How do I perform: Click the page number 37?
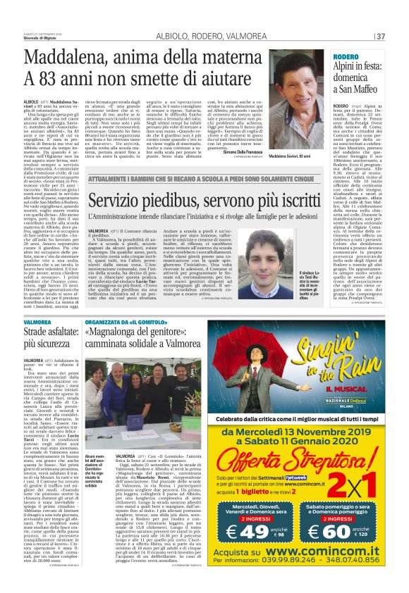380,36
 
